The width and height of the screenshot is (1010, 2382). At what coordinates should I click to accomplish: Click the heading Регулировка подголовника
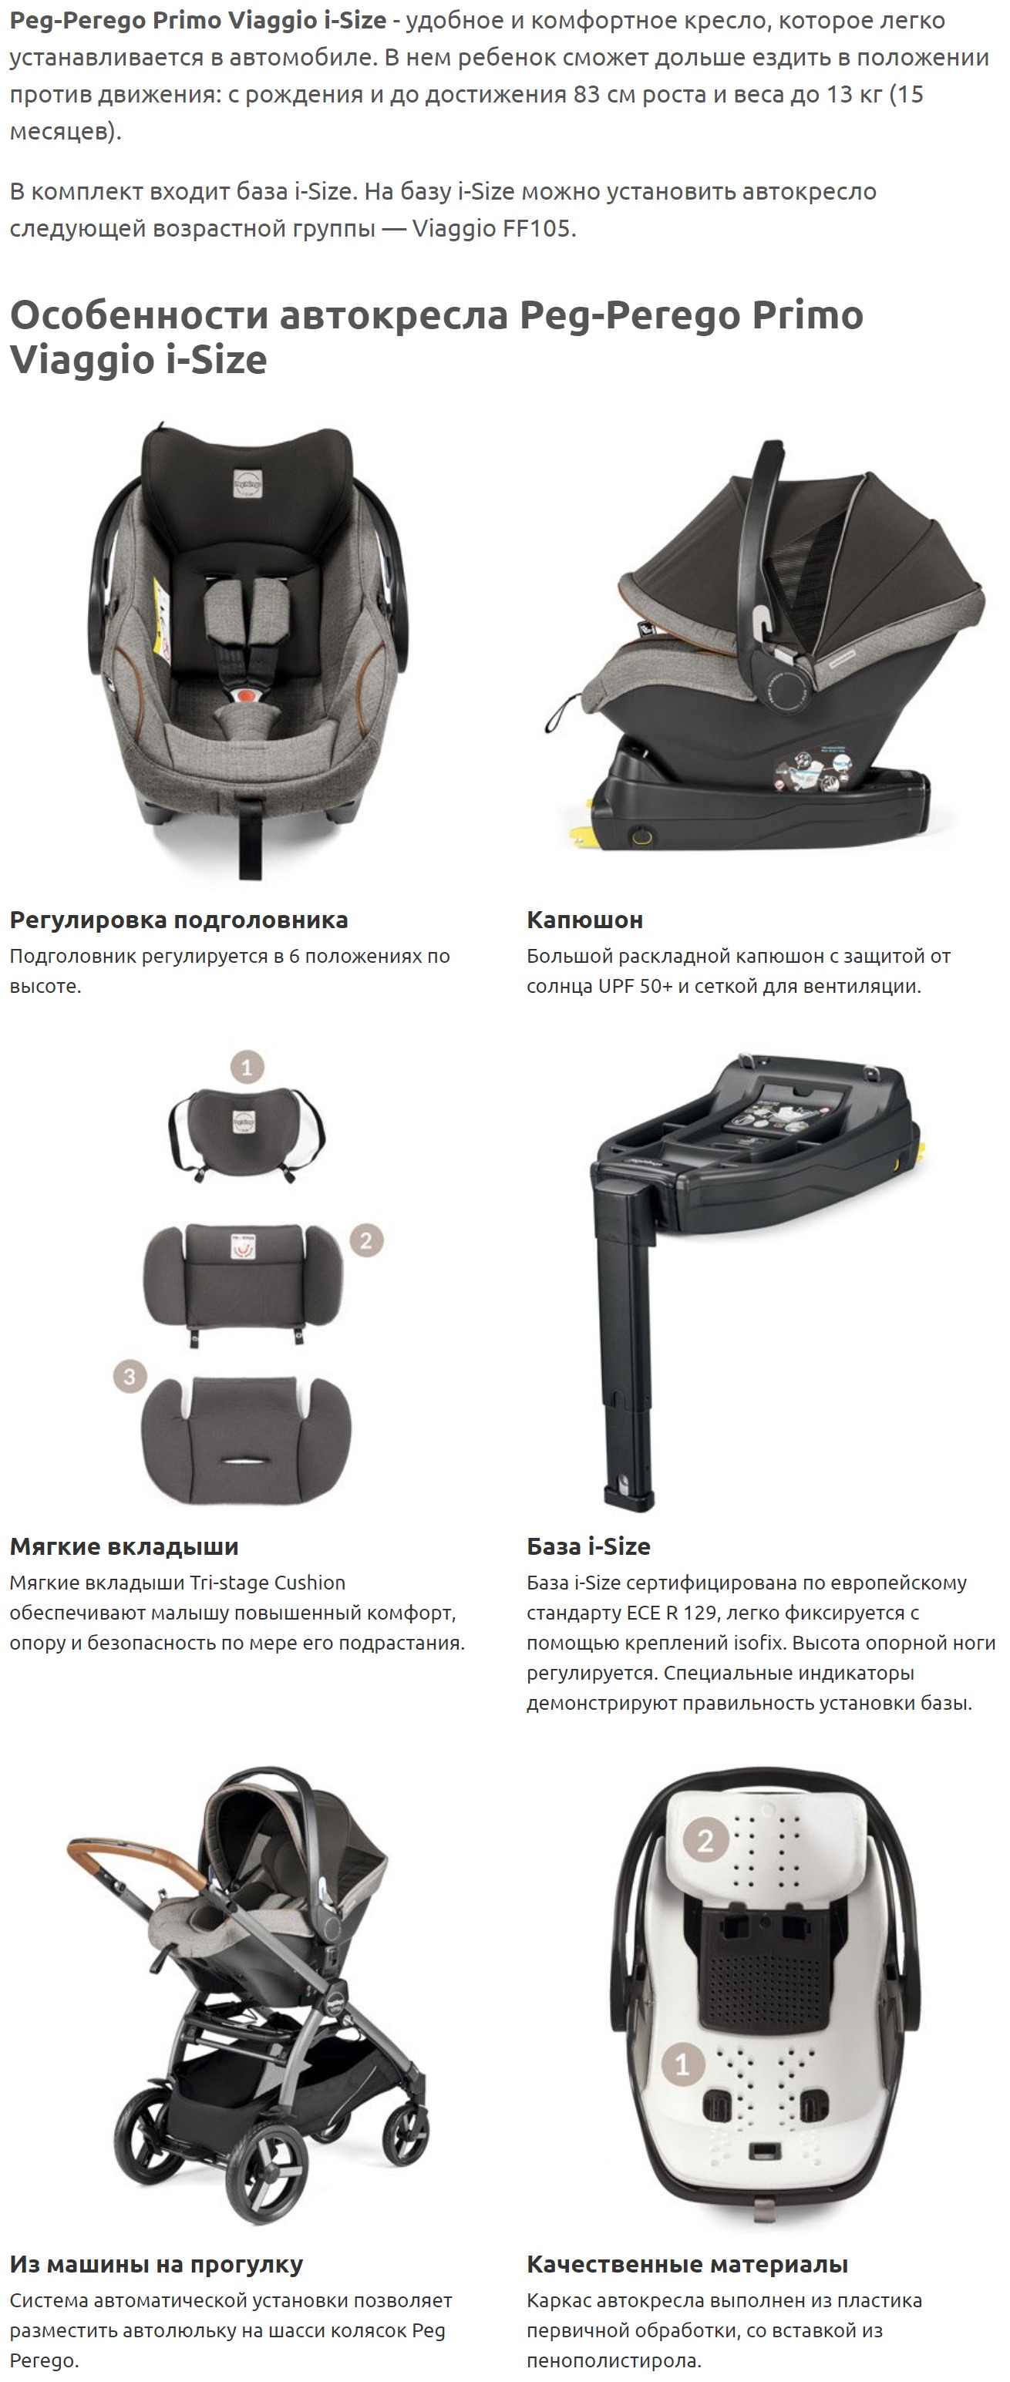179,920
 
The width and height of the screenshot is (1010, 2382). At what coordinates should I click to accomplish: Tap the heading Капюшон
584,920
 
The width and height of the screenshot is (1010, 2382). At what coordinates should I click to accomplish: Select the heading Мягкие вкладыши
124,1546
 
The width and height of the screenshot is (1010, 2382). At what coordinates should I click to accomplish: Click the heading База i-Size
588,1546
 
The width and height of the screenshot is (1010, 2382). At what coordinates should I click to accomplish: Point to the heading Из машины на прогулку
157,2265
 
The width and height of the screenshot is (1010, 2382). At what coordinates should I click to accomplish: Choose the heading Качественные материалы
687,2265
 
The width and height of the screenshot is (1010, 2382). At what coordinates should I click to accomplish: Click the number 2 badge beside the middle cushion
366,1241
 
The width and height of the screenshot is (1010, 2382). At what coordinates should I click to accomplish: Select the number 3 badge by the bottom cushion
130,1377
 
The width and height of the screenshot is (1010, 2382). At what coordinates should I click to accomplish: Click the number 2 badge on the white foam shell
705,1841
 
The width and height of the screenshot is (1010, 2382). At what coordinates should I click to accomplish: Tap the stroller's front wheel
161,2145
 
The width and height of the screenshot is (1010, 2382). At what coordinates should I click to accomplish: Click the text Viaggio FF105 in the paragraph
493,228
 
